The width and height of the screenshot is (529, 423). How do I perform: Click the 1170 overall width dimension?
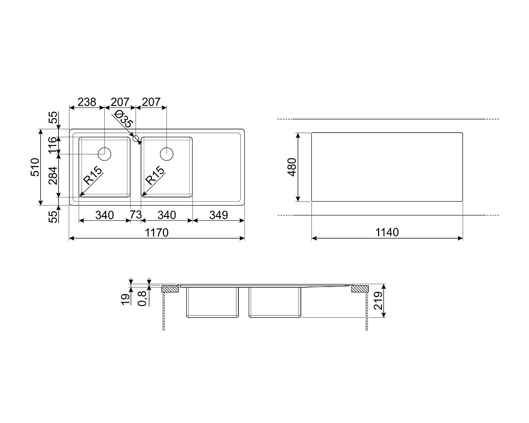[157, 233]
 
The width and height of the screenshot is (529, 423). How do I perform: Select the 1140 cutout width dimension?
[387, 232]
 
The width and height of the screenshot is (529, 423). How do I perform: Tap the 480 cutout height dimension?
[292, 167]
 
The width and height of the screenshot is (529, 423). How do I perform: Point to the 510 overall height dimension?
[35, 167]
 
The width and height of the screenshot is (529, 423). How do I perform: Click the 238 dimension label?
[87, 102]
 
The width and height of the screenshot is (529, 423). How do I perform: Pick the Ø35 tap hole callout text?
[124, 119]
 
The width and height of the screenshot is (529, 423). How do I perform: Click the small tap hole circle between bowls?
[135, 139]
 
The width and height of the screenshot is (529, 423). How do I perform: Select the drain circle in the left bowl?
[104, 154]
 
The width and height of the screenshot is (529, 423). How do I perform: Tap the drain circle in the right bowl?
[167, 154]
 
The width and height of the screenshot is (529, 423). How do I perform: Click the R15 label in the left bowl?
[92, 176]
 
